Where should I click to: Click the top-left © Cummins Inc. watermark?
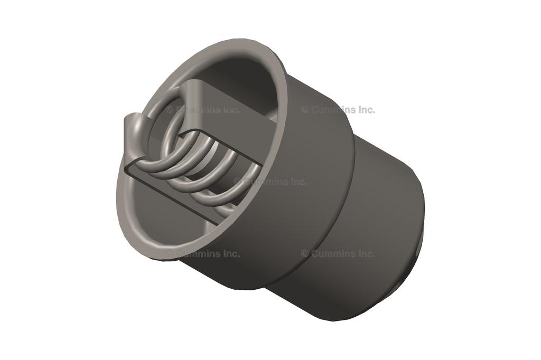pos(203,110)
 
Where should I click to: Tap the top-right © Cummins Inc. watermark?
pos(338,110)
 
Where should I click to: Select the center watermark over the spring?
pos(270,182)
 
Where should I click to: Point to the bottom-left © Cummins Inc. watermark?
pos(203,253)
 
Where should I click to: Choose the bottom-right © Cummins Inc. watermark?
pos(338,253)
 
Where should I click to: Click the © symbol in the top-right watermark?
pos(305,110)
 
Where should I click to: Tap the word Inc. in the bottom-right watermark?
pos(365,253)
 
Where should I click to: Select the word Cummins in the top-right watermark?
pos(332,110)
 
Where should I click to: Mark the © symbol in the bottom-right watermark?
pos(305,253)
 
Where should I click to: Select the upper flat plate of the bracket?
pos(232,106)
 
